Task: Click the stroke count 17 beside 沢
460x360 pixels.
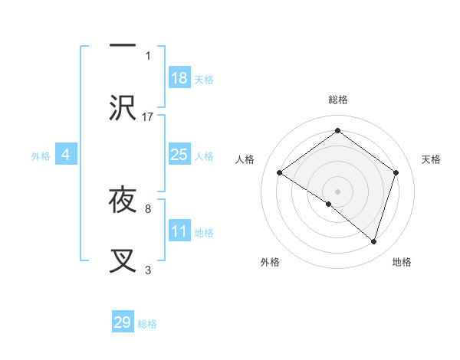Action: coord(148,116)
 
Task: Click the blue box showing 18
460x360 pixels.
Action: coord(179,78)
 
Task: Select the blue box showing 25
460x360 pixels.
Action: coord(179,155)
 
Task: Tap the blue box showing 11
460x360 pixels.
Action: coord(179,231)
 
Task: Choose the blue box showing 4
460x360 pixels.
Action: coord(66,155)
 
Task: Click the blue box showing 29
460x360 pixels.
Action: coord(123,322)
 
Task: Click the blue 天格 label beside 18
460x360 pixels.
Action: coord(204,79)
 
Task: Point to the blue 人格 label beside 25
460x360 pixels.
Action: coord(204,155)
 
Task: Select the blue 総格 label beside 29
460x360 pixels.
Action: coord(147,323)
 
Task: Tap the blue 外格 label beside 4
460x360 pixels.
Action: coord(41,155)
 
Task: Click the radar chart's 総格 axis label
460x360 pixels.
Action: coord(337,100)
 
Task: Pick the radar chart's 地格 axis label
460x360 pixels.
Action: coord(402,262)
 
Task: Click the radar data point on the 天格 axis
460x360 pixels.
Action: coord(396,172)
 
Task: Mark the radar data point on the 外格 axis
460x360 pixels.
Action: coord(329,204)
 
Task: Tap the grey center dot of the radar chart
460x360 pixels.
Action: coord(337,191)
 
